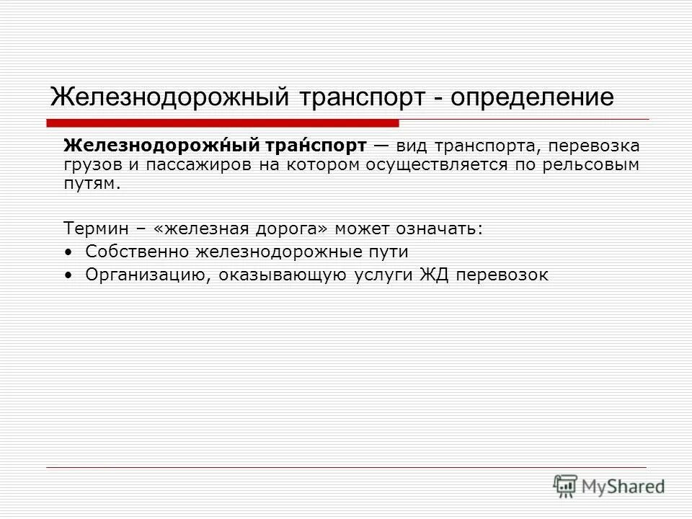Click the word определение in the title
tap(533, 96)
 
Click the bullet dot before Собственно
tap(68, 252)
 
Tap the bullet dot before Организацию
tap(68, 275)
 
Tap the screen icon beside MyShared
tap(566, 486)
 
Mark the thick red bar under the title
tap(223, 122)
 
